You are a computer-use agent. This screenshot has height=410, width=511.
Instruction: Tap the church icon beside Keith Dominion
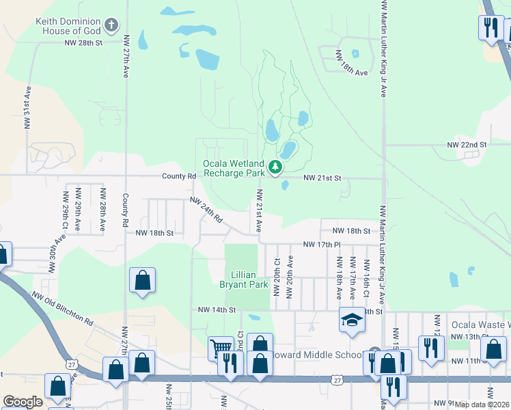point(112,27)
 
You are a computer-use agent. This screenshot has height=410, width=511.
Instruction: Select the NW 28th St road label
point(83,42)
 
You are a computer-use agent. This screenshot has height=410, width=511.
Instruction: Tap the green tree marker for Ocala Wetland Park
point(275,167)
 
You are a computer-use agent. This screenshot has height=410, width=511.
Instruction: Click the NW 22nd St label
point(467,145)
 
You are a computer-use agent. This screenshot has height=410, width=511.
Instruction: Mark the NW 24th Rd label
point(206,211)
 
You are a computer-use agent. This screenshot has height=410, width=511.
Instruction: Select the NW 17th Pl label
point(321,244)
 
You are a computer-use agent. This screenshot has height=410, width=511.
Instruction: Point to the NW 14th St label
point(217,310)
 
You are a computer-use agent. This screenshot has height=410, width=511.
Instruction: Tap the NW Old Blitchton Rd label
point(62,308)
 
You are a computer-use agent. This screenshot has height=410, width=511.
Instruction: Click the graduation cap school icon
point(352,319)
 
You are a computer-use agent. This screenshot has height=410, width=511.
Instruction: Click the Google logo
point(23,402)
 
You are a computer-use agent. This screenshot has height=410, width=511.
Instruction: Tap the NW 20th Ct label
point(277,277)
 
